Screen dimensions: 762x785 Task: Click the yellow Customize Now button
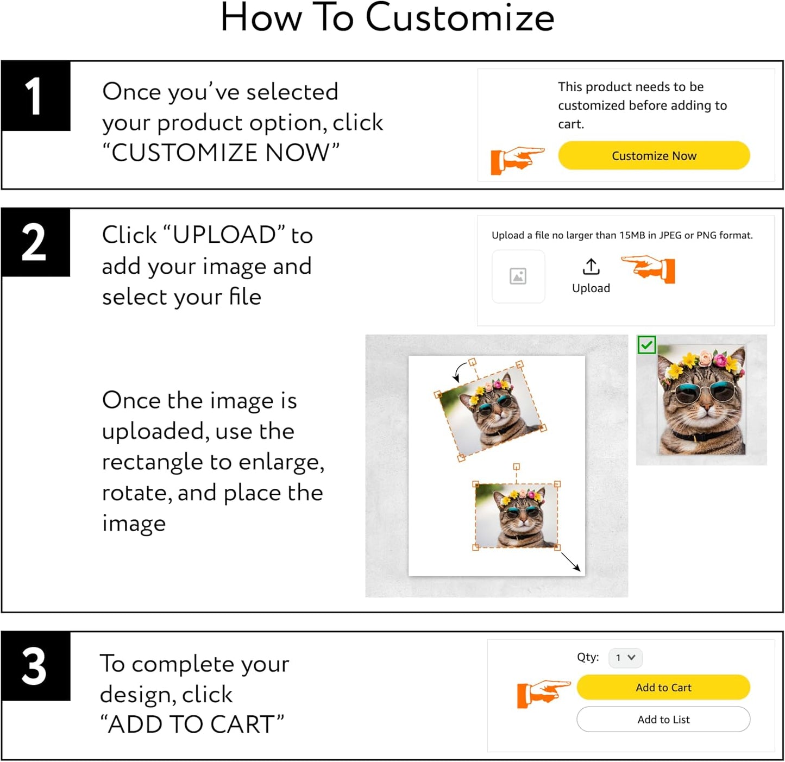pos(654,156)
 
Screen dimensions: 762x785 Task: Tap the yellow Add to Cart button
pos(663,688)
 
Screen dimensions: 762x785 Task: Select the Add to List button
pos(663,720)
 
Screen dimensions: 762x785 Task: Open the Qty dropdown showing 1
pos(625,658)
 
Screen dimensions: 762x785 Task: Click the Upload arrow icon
pos(591,267)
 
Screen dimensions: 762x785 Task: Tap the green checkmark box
pos(646,345)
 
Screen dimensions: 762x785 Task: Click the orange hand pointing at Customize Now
pos(517,160)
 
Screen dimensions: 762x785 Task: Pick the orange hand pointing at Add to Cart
pos(543,694)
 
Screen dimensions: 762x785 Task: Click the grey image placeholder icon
pos(518,276)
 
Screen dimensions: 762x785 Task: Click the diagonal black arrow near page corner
pos(570,562)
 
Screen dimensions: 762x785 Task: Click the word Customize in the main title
pos(460,18)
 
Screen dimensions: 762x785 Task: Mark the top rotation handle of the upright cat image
pos(516,467)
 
